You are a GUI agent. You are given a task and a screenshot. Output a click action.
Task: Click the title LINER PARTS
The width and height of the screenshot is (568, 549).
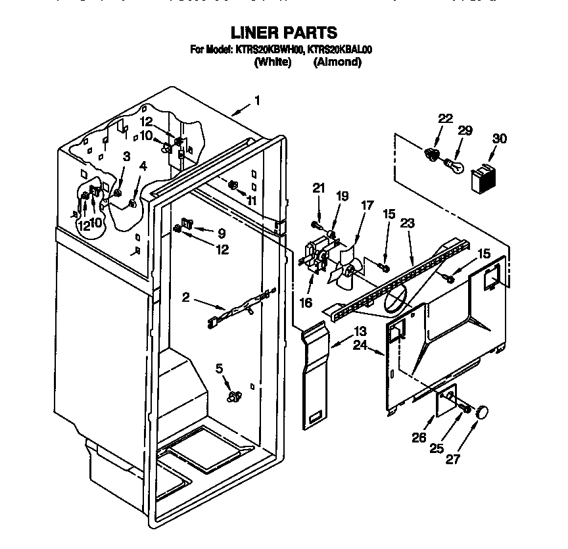click(x=283, y=32)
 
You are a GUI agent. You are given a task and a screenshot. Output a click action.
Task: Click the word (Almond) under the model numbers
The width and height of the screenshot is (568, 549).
click(x=337, y=62)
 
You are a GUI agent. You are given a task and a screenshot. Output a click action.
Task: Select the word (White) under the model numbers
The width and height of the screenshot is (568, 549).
click(x=272, y=62)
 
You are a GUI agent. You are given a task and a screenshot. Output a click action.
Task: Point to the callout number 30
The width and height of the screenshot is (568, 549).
click(x=500, y=139)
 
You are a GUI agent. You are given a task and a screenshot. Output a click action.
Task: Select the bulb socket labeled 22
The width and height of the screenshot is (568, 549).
click(x=432, y=155)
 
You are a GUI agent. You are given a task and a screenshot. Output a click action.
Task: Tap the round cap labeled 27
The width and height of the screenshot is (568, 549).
click(x=483, y=412)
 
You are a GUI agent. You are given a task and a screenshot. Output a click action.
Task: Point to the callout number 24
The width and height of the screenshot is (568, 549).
click(x=360, y=345)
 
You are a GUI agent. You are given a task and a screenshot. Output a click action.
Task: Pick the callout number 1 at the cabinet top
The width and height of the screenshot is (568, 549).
click(x=257, y=101)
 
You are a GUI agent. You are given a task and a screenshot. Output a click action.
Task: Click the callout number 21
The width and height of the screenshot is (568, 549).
click(x=319, y=189)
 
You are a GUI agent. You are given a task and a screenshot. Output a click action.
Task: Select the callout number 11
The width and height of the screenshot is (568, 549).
click(x=251, y=200)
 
